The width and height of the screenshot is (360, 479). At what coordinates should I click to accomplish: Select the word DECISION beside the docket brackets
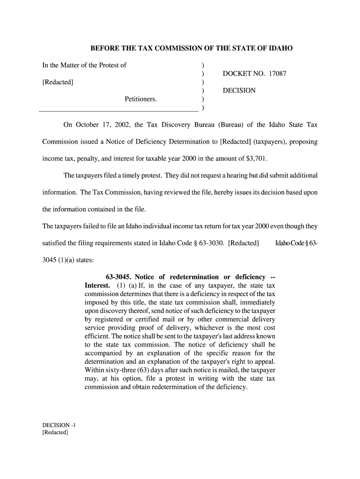pos(239,90)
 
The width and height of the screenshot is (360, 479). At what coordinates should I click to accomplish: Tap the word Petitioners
pos(141,99)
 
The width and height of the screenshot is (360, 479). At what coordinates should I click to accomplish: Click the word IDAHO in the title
pos(280,48)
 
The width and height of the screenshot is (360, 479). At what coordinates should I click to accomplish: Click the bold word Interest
pos(97,285)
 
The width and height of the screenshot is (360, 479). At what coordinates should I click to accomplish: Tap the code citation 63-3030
pos(210,243)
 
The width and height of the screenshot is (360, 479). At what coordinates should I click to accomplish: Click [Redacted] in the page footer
pos(55,432)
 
